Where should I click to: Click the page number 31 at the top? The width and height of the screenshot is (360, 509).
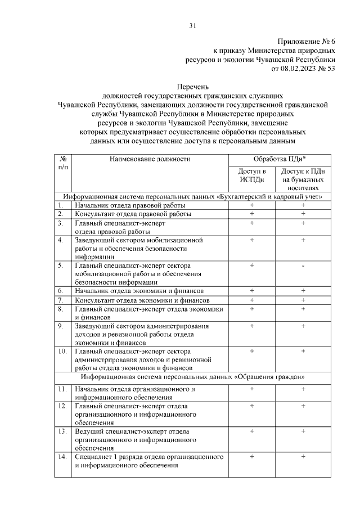192,25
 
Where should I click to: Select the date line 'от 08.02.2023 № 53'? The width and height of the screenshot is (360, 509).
303,69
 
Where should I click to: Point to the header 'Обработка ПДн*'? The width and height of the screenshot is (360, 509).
277,159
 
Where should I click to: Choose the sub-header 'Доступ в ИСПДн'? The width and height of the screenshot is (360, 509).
252,174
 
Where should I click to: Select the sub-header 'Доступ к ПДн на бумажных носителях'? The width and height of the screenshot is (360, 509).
303,179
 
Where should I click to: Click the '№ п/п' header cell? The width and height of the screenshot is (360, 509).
63,164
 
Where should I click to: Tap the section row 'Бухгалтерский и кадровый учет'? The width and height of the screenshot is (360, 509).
192,197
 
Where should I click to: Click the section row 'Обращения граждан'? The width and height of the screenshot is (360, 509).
192,376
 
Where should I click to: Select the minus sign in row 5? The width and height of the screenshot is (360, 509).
303,265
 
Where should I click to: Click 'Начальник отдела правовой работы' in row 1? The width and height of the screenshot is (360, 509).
130,206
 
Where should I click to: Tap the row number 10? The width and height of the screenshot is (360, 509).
63,352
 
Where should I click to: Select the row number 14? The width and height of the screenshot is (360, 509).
63,457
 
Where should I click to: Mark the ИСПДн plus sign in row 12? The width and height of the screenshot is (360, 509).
252,406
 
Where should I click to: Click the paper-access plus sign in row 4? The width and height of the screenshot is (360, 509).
303,240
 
